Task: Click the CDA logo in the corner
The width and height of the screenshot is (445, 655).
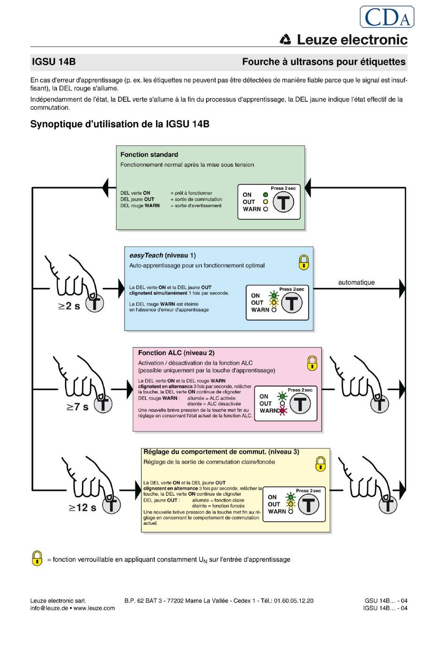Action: (387, 17)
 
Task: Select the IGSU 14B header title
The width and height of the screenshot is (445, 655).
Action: (53, 62)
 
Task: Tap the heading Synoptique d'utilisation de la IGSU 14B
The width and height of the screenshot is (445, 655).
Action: (120, 124)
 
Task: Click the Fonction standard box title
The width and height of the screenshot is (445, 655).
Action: (149, 155)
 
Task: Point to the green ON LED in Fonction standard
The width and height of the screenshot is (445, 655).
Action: (266, 195)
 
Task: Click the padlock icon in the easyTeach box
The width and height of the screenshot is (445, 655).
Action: (304, 262)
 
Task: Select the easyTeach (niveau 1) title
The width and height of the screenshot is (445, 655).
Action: (163, 256)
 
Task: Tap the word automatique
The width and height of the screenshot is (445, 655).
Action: (356, 282)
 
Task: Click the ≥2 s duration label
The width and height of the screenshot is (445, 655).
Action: (69, 306)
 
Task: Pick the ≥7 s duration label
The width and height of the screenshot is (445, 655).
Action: (77, 407)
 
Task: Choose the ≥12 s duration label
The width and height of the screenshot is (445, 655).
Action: (82, 508)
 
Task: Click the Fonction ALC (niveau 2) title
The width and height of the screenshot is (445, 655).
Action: (176, 353)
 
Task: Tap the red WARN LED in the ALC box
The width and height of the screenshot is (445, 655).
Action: (283, 411)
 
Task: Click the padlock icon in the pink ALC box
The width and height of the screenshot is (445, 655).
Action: (312, 363)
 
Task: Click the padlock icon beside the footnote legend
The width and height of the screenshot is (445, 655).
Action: (37, 558)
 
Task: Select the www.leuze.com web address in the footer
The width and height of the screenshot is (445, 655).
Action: (94, 608)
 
